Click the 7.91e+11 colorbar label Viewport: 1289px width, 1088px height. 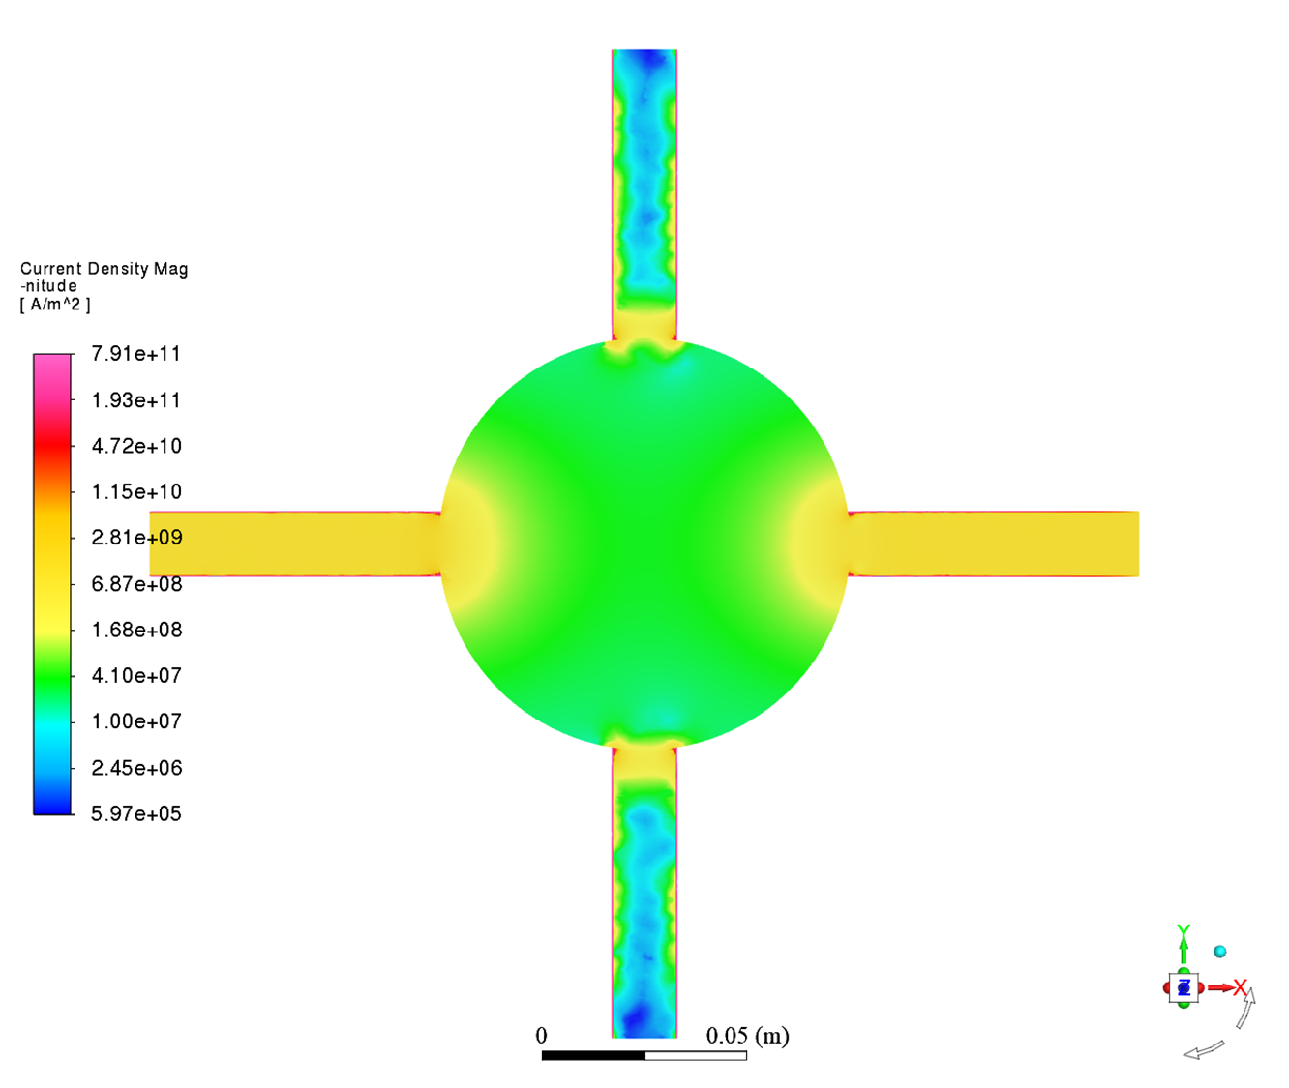tap(135, 354)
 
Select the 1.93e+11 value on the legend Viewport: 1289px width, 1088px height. tap(135, 400)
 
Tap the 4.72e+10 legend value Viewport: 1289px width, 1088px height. tap(136, 446)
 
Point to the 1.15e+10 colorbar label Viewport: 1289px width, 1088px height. tap(136, 492)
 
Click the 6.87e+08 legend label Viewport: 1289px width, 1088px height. tap(136, 584)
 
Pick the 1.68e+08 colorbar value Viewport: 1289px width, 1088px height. tap(136, 631)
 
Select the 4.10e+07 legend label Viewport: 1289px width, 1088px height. tap(136, 676)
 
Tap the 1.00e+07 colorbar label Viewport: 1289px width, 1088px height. tap(136, 721)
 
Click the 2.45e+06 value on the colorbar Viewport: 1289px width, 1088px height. tap(136, 768)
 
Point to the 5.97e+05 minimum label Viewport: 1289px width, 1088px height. tap(136, 813)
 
